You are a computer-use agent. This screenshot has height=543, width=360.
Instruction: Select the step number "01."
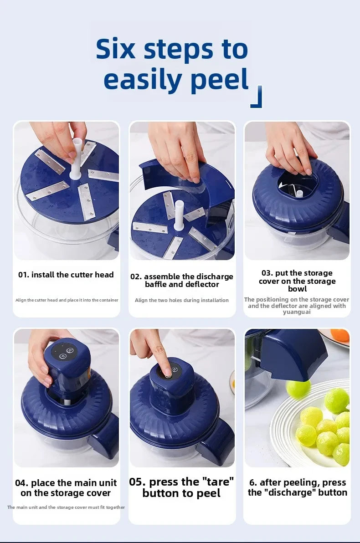24,275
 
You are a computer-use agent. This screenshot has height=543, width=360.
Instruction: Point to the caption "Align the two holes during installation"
182,300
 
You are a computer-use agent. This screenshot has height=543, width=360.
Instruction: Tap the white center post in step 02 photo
179,215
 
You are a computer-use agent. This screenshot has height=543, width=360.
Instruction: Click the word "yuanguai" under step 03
297,312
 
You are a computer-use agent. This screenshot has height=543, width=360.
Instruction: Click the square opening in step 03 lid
296,187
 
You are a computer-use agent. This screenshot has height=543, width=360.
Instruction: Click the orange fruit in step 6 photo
339,336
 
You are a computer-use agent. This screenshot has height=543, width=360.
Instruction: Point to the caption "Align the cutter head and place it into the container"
67,300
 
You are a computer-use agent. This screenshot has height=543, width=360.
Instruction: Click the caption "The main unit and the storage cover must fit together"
66,507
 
